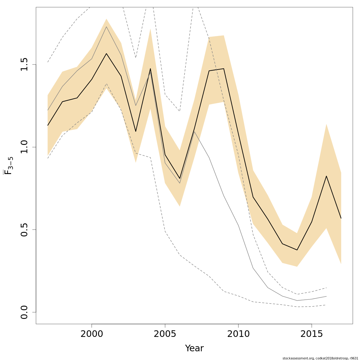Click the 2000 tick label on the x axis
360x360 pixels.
coord(91,334)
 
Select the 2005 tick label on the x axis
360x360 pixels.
coord(165,334)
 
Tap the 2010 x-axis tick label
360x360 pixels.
coord(238,334)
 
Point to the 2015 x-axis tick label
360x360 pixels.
coord(312,334)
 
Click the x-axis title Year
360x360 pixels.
coord(194,348)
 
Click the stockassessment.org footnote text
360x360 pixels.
coord(320,358)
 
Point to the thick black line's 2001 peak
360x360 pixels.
coord(106,54)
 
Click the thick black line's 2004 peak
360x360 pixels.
coord(150,69)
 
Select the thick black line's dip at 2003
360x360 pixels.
coord(136,131)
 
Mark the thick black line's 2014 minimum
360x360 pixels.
coord(297,250)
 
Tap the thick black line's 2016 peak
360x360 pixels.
coord(326,176)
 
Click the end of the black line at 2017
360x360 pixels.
coord(341,218)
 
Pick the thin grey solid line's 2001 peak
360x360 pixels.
coord(106,27)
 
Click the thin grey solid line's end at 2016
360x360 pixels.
coord(326,296)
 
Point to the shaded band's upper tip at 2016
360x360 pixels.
coord(326,124)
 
